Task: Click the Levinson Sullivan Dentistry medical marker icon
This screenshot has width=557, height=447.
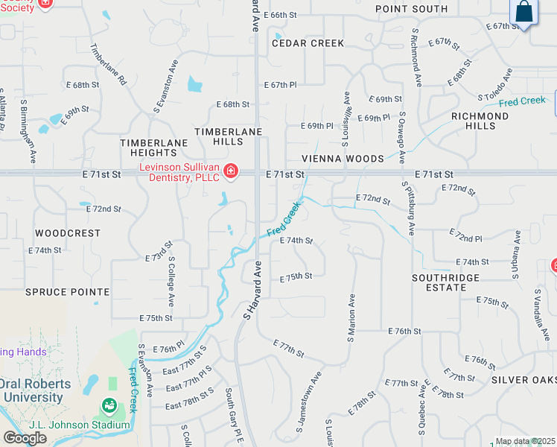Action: (x=231, y=172)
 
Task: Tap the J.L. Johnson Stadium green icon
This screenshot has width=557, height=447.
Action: (x=109, y=406)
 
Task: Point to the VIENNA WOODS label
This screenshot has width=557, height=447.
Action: (x=343, y=159)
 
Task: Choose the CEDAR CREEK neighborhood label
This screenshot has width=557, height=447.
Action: (x=308, y=43)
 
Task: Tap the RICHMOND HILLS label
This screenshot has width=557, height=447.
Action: (x=480, y=121)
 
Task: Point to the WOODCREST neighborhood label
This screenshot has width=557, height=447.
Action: (x=68, y=233)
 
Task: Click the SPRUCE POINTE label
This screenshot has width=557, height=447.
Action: (x=67, y=292)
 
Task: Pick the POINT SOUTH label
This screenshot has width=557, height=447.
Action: (x=411, y=9)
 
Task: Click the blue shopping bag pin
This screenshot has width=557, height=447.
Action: (x=524, y=12)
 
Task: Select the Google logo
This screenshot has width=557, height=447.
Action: (x=25, y=437)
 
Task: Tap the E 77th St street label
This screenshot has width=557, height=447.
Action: (x=288, y=348)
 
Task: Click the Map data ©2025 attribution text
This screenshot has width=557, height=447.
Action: (x=525, y=441)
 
